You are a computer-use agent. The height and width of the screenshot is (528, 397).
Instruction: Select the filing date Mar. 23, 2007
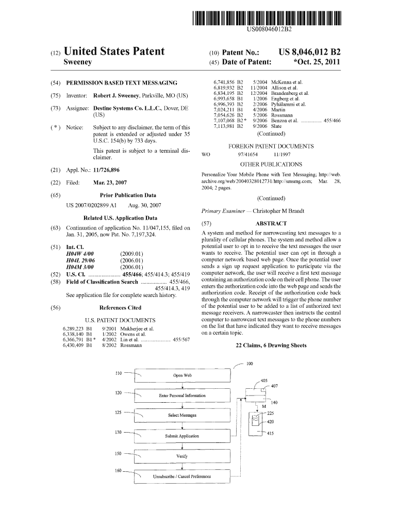[x=110, y=183]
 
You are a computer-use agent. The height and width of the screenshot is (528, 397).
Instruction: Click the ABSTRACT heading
[x=271, y=223]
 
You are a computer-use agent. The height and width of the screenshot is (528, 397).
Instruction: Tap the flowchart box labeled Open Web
[x=182, y=375]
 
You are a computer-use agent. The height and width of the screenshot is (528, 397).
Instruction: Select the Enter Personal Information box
[x=182, y=395]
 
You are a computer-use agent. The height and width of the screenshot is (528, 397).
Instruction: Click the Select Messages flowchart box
[x=182, y=415]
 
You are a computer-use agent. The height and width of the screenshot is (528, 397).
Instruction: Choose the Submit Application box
[x=182, y=436]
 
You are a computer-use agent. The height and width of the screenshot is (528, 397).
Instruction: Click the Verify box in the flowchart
[x=182, y=456]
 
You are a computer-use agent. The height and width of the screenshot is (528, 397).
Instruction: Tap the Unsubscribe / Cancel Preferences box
[x=182, y=476]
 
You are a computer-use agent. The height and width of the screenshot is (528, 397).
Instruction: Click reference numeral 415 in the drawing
[x=270, y=433]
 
